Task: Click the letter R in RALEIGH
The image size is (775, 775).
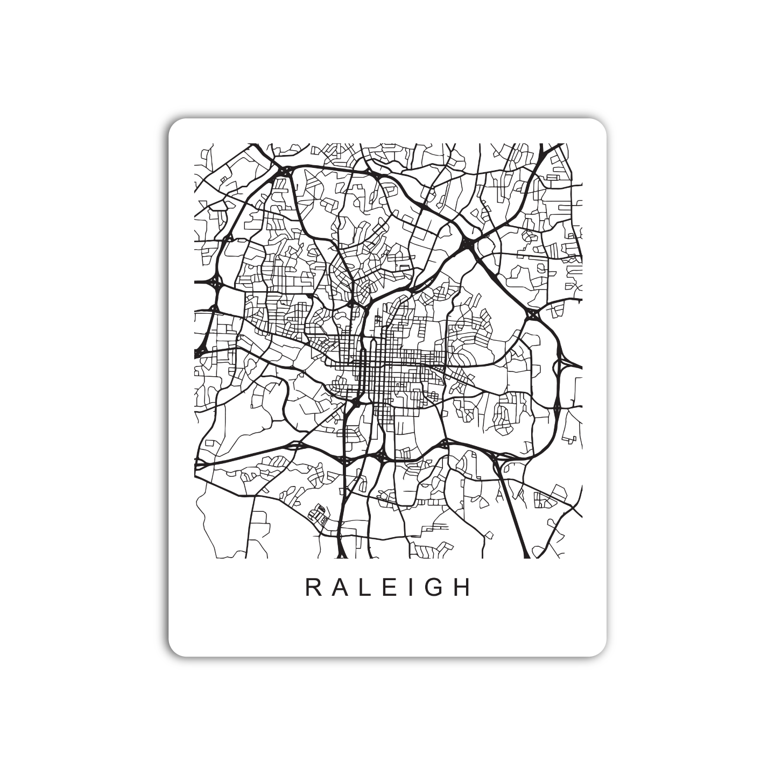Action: [x=313, y=588]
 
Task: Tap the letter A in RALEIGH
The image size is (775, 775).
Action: [x=340, y=588]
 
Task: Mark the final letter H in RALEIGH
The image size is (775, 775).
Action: [x=462, y=588]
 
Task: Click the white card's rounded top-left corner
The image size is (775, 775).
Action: [x=174, y=124]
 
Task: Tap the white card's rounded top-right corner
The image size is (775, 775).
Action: [x=601, y=124]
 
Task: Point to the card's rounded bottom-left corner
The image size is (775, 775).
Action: [x=174, y=651]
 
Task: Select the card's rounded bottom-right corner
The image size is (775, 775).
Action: [x=601, y=651]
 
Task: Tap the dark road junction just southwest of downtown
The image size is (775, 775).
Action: [x=356, y=402]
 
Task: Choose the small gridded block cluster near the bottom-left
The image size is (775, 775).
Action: [x=319, y=515]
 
